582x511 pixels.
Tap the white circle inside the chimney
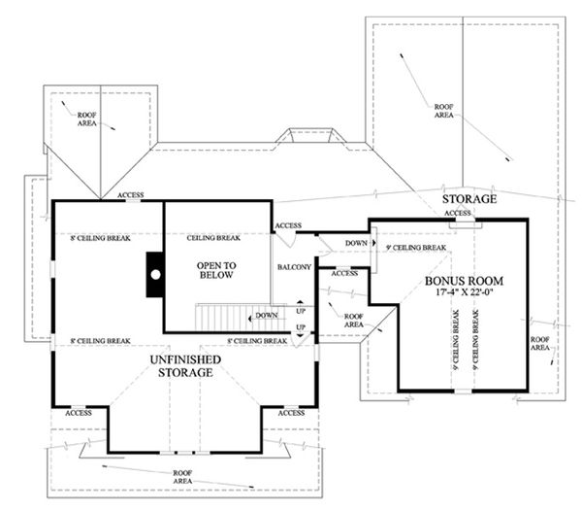click(x=153, y=274)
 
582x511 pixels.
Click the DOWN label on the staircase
click(x=267, y=316)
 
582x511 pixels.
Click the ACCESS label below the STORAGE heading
click(x=457, y=213)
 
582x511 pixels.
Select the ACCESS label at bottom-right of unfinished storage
click(x=290, y=413)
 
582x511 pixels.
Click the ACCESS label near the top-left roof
click(x=131, y=195)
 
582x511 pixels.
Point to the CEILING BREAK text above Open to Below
click(x=213, y=238)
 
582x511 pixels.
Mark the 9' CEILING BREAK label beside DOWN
click(x=415, y=249)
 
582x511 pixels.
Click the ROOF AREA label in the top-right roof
click(x=444, y=111)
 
